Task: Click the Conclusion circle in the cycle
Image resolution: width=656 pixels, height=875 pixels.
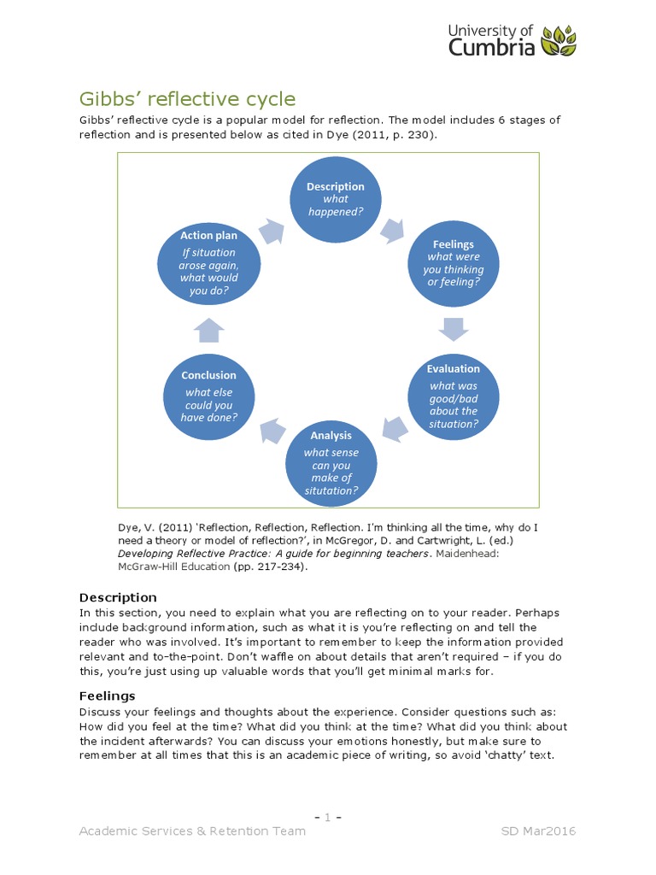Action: [x=208, y=394]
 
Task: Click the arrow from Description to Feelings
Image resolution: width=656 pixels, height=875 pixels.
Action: [x=392, y=228]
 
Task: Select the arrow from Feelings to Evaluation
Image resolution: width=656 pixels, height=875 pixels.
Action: [x=453, y=329]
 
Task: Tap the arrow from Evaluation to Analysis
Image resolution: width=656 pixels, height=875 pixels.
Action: [x=394, y=429]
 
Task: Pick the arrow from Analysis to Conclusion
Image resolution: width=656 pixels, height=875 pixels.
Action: [x=272, y=428]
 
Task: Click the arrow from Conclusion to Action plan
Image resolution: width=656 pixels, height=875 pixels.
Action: [x=208, y=329]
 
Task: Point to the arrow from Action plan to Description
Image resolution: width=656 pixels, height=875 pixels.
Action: [x=272, y=229]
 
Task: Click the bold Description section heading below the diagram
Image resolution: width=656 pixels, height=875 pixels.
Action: [x=118, y=597]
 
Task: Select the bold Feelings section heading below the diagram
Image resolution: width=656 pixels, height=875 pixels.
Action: [x=107, y=696]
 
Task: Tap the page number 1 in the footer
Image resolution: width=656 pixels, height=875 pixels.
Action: [x=328, y=818]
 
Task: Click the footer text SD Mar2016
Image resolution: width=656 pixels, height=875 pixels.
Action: [x=538, y=831]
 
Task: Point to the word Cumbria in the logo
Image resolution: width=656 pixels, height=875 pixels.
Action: [x=492, y=48]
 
